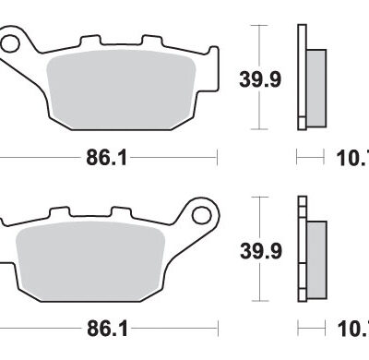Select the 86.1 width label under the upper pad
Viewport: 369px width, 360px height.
point(106,158)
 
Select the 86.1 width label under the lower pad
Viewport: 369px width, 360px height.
point(106,328)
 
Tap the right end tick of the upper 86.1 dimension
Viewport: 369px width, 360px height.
point(216,158)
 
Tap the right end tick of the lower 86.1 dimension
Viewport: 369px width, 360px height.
point(216,328)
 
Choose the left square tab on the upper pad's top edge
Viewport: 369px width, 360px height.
point(90,42)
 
